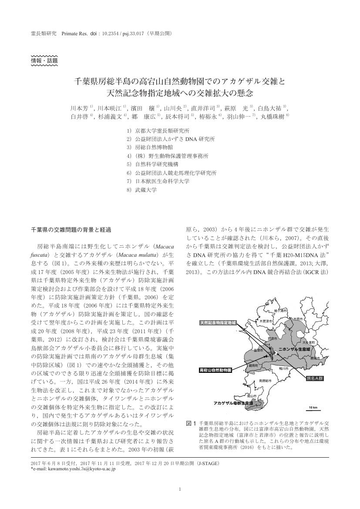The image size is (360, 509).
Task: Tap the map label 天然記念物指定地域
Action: click(218, 323)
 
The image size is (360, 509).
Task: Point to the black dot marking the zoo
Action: click(265, 357)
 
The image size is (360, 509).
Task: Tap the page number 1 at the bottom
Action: click(180, 489)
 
